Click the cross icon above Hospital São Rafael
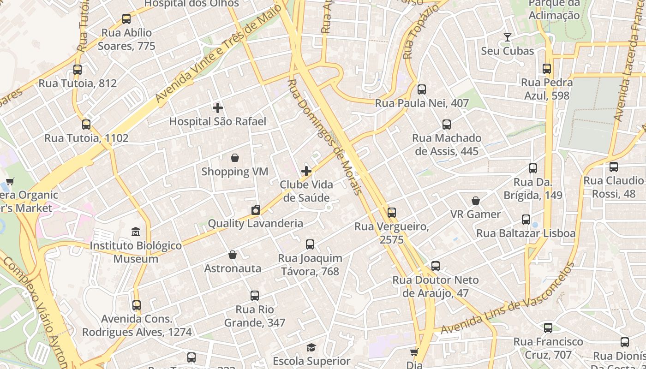(x=218, y=108)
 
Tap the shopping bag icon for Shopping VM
(x=235, y=158)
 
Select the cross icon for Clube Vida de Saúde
(x=306, y=172)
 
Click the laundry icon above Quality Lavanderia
(x=256, y=210)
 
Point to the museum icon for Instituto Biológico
(x=136, y=232)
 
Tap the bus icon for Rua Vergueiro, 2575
(x=392, y=213)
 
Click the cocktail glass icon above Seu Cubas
(x=508, y=37)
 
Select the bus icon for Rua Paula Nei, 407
(x=422, y=89)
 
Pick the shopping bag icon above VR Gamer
(x=476, y=201)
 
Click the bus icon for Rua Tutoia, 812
(x=78, y=70)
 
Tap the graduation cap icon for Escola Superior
(x=311, y=347)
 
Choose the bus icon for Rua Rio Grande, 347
(x=255, y=296)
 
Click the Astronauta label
(x=233, y=268)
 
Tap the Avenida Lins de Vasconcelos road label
(x=508, y=299)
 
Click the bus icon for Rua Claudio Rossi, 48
(x=614, y=167)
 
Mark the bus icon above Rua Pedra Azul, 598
(x=547, y=69)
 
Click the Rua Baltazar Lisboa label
(x=526, y=233)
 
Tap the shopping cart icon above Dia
(x=414, y=352)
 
